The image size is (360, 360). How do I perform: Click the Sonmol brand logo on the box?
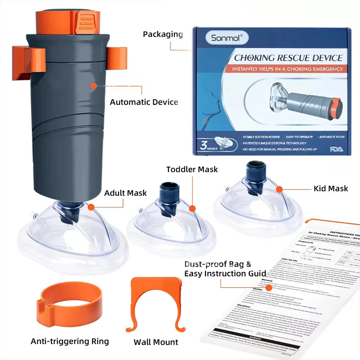[x=223, y=37]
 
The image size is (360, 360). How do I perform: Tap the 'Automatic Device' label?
[x=144, y=102]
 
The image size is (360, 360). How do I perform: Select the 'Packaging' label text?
[x=163, y=35]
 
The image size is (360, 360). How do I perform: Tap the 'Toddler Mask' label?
[x=192, y=169]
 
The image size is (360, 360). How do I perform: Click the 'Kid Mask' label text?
[x=330, y=188]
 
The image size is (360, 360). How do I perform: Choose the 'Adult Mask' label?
[x=126, y=193]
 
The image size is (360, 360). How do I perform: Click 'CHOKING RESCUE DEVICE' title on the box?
[x=288, y=58]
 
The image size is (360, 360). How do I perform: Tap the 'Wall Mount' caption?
[x=156, y=342]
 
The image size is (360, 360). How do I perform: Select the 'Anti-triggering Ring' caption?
[x=69, y=341]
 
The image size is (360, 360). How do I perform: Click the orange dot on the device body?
[x=94, y=86]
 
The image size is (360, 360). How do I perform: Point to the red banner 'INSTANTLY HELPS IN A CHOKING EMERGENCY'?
[x=287, y=69]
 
